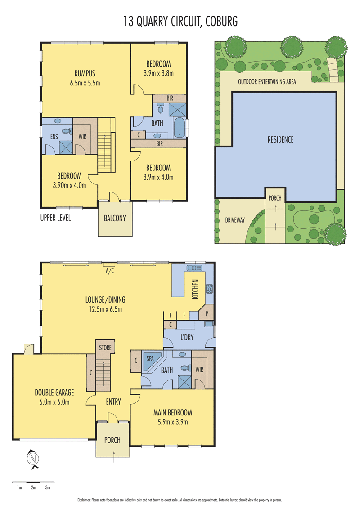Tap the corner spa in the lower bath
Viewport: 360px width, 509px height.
coord(149,360)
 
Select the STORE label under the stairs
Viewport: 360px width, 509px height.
coord(105,348)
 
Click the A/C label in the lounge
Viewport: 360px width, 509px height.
coord(109,271)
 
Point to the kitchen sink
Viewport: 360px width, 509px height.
coord(196,268)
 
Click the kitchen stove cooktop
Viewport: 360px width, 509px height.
coord(209,288)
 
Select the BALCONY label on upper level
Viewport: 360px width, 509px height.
coord(115,219)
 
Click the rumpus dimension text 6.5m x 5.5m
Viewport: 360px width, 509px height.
coord(85,83)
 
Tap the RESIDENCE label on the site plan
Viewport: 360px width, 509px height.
coord(280,139)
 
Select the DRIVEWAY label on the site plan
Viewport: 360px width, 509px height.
coord(235,220)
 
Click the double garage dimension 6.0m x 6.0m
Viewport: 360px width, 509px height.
coord(54,402)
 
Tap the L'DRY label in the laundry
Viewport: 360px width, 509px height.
coord(186,337)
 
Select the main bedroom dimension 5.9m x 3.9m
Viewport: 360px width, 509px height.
coord(173,422)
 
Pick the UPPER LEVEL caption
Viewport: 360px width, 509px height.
coord(55,218)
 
